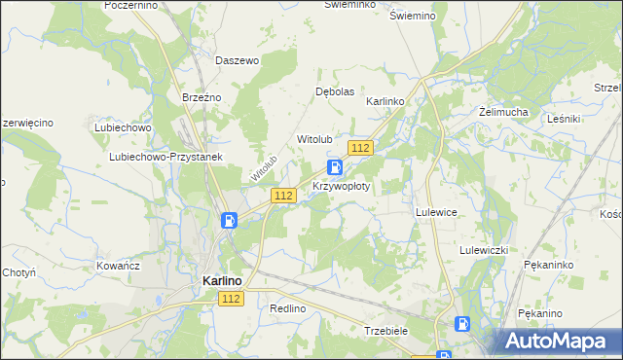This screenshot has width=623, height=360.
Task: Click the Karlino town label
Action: [x=222, y=280]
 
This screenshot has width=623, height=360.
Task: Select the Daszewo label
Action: [x=237, y=60]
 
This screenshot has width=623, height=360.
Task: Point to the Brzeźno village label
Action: [x=202, y=97]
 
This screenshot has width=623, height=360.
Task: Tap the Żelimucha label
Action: [x=503, y=112]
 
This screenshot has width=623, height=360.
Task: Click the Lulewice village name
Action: [x=436, y=211]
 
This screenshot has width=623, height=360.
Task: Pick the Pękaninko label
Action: [x=547, y=265]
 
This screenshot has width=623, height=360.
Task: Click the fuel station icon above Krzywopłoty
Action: [x=334, y=167]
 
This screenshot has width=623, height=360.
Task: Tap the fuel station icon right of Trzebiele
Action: [x=464, y=324]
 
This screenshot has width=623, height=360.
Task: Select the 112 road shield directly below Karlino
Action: [x=230, y=299]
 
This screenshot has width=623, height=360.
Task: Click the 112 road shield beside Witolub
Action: [x=359, y=147]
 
